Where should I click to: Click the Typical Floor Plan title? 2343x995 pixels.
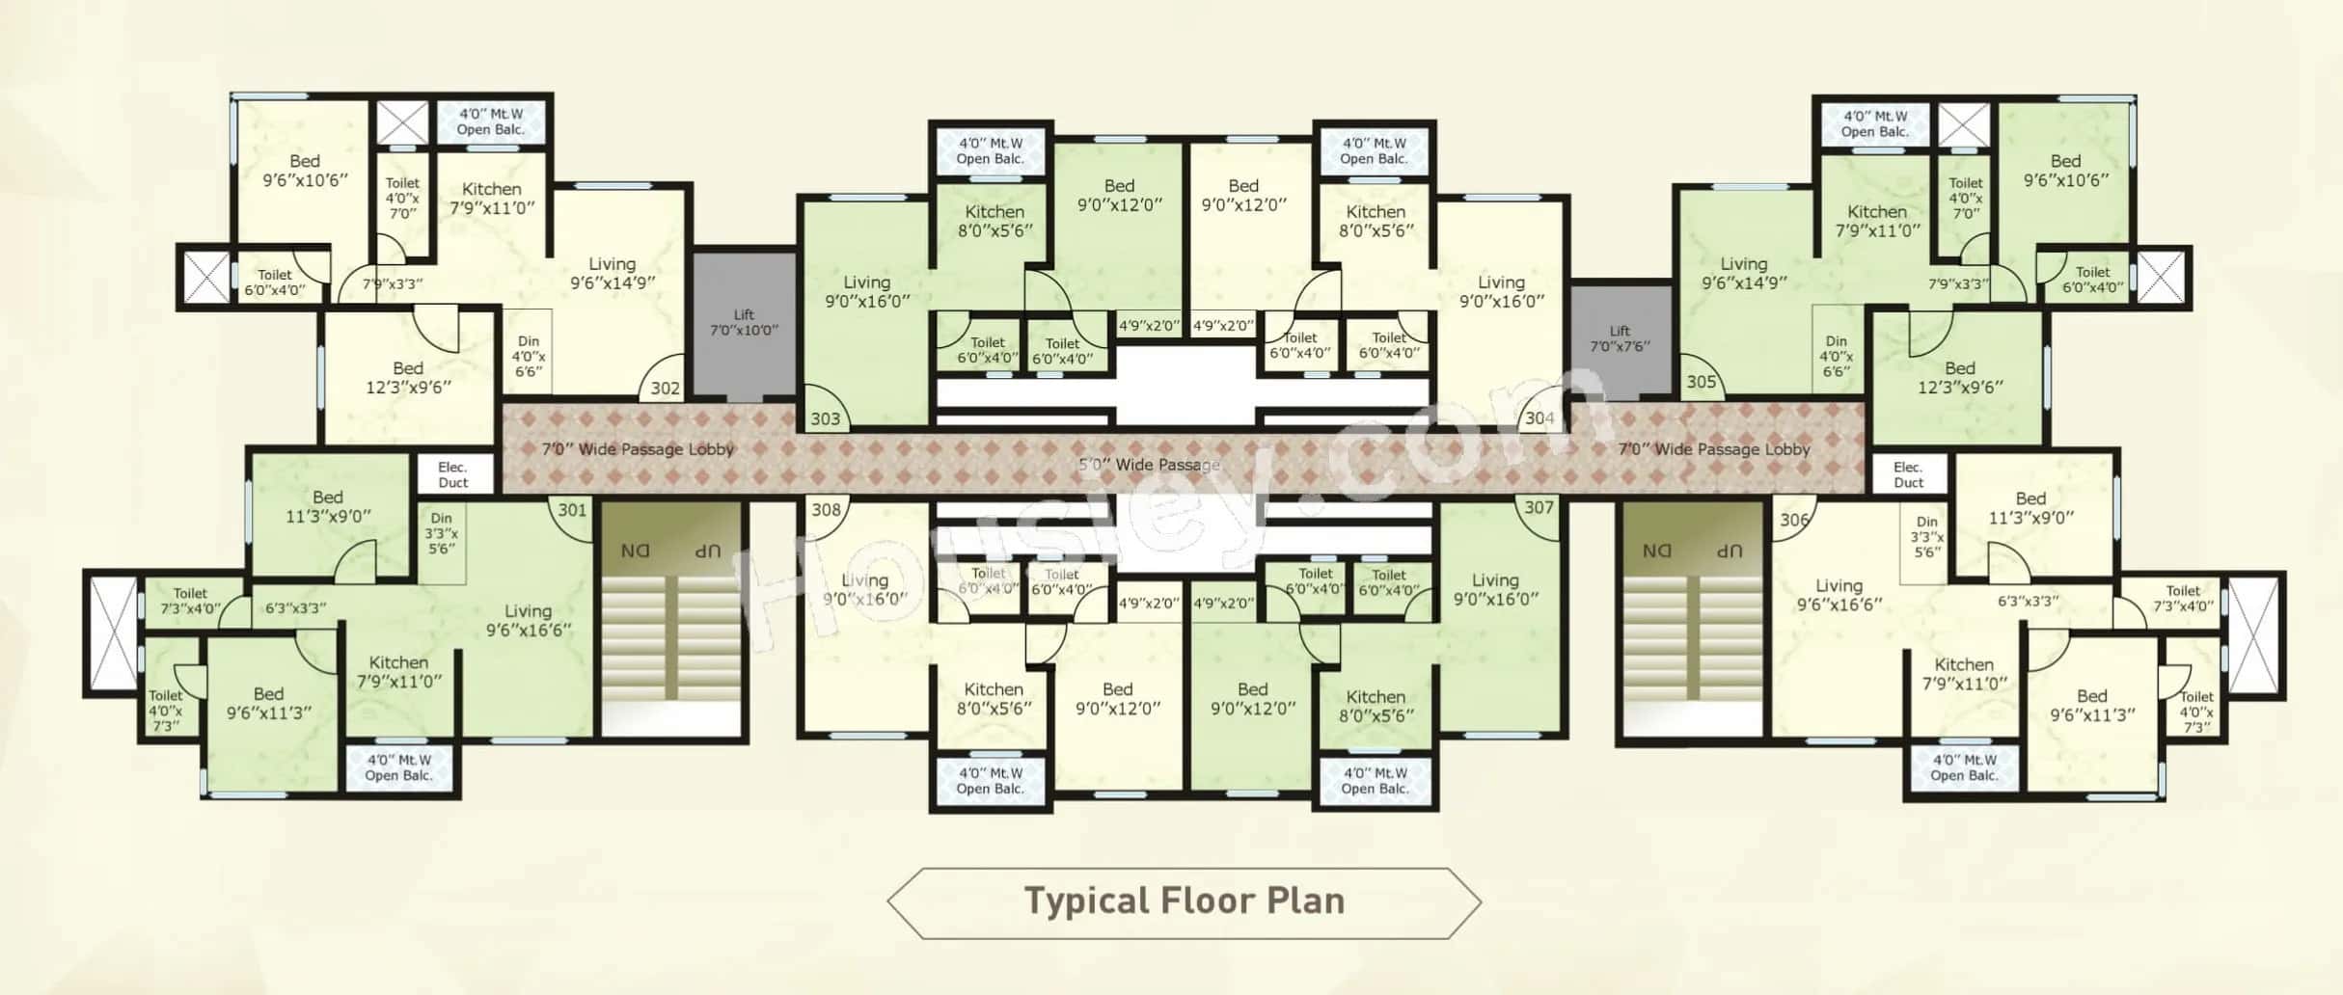[x=1184, y=901]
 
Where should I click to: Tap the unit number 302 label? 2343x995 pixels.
[x=665, y=389]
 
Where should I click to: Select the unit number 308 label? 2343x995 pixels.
[x=826, y=509]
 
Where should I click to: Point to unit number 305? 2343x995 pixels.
[x=1701, y=382]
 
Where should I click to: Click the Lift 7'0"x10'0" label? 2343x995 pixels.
[x=744, y=323]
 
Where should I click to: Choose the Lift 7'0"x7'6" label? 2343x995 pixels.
[x=1620, y=338]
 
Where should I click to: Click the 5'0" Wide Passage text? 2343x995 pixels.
[x=1148, y=465]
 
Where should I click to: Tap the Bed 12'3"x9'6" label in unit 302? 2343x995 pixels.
[x=408, y=377]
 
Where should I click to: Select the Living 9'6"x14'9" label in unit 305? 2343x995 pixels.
[x=1743, y=273]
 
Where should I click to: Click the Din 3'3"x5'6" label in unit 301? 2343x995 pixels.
[x=441, y=533]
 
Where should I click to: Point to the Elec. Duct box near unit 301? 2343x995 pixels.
[x=452, y=475]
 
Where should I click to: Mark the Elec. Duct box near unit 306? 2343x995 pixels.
[x=1907, y=475]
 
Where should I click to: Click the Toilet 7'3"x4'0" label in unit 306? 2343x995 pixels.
[x=2183, y=598]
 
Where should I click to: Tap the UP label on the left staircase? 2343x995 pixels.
[x=708, y=551]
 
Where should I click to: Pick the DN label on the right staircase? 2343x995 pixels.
[x=1656, y=551]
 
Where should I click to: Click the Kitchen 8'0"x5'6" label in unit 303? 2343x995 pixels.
[x=994, y=221]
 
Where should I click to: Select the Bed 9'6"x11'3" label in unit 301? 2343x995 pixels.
[x=268, y=703]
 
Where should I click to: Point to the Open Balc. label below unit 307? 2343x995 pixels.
[x=1375, y=781]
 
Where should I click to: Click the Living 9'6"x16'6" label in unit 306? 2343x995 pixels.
[x=1839, y=595]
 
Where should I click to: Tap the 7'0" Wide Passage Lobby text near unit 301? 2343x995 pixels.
[x=638, y=449]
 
